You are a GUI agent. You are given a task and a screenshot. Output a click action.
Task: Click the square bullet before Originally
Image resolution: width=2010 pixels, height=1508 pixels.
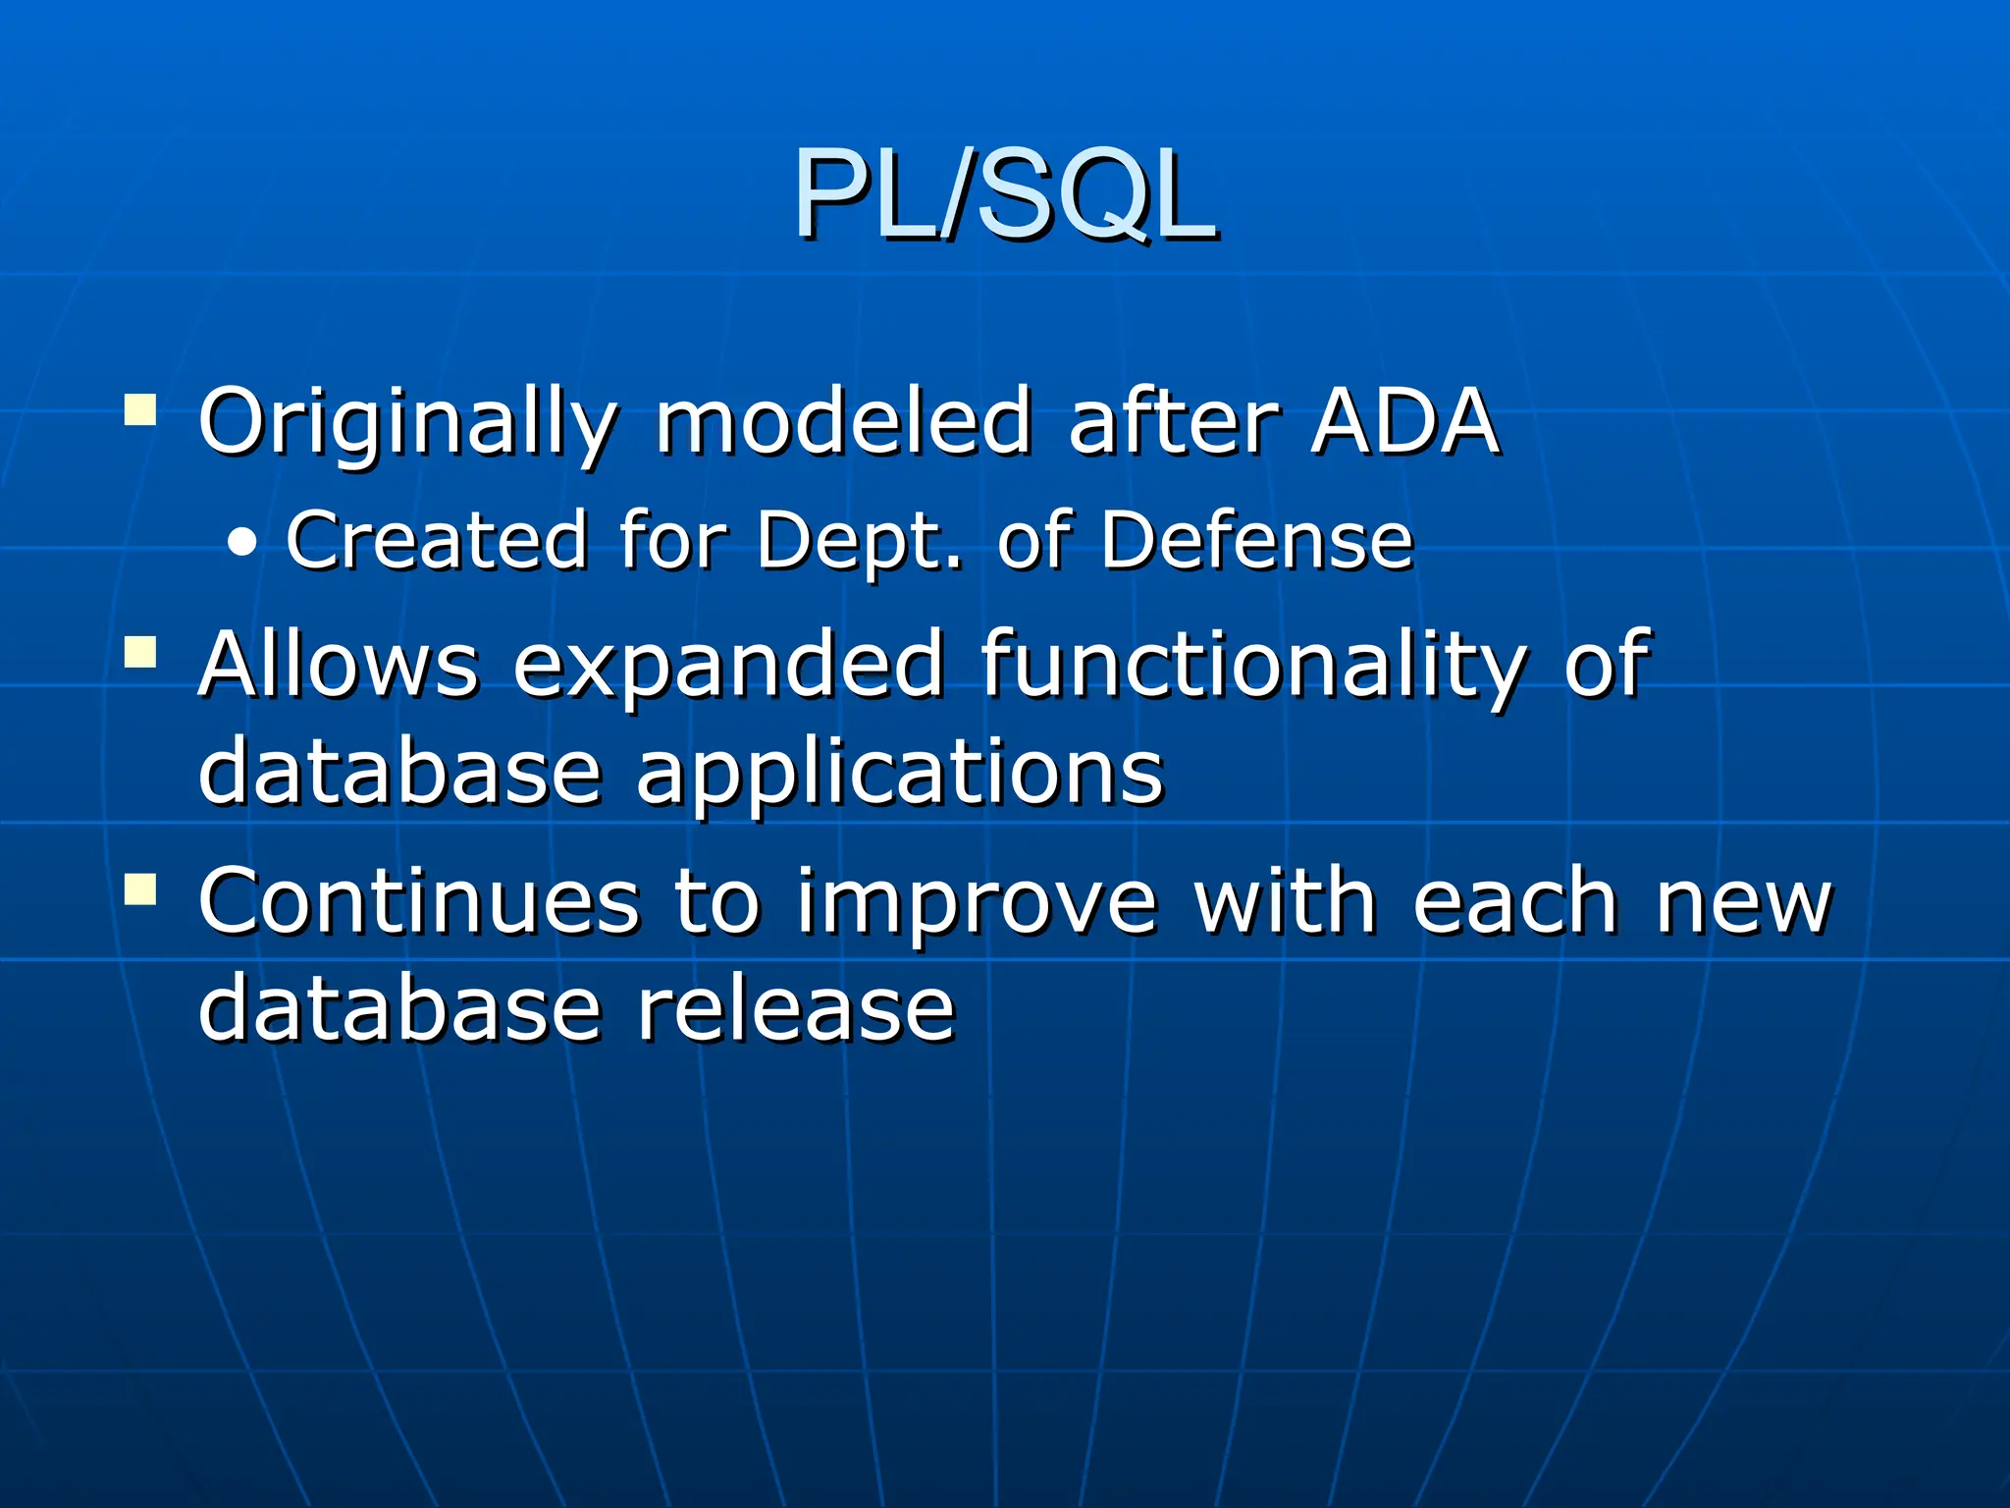point(140,409)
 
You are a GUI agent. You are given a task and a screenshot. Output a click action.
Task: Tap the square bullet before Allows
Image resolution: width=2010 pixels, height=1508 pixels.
point(140,652)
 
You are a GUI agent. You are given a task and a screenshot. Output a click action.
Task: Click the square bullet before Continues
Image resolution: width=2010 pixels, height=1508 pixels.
point(140,889)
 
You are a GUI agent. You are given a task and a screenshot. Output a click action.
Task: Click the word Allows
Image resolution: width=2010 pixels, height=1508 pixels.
point(339,666)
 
